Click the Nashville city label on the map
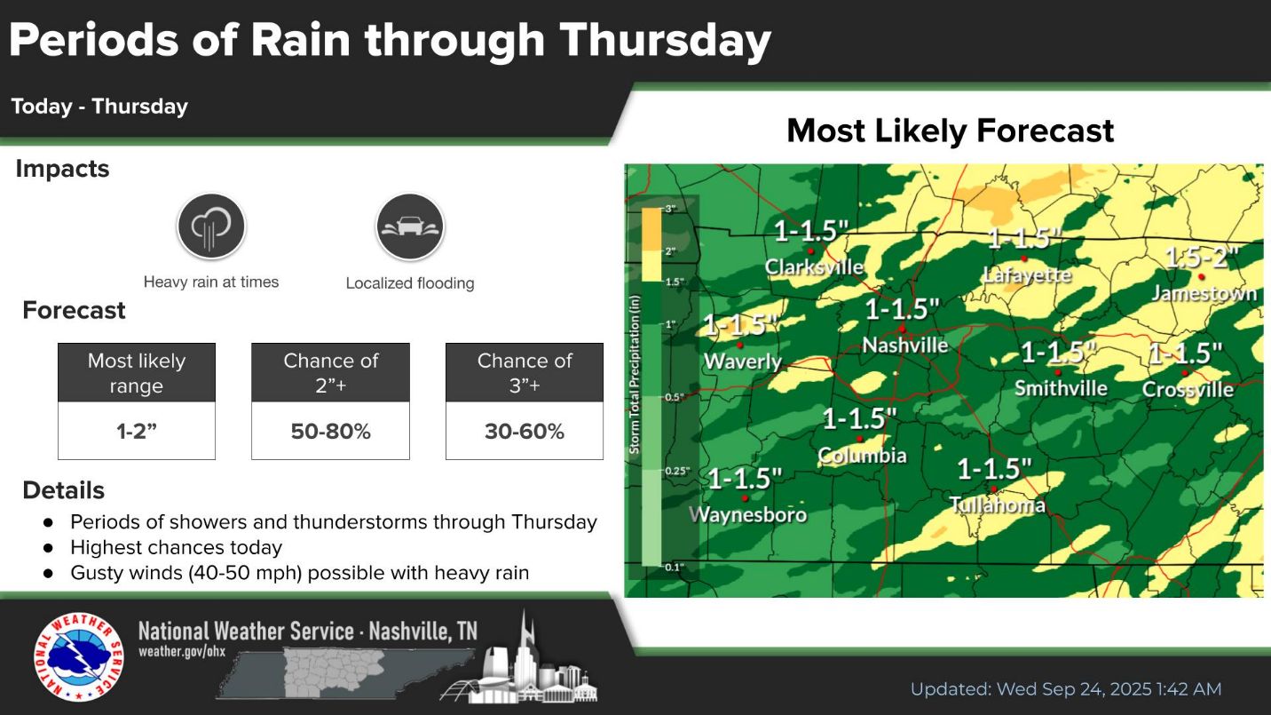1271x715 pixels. coord(905,345)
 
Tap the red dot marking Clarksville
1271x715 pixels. coord(810,251)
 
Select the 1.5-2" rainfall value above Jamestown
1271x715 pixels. coord(1201,258)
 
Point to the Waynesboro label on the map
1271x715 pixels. coord(747,514)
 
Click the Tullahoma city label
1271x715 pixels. coord(997,504)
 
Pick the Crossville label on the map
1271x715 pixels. coord(1188,389)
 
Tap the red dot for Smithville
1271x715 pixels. coord(1058,372)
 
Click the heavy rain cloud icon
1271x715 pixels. coord(211,226)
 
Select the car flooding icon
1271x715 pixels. coord(410,226)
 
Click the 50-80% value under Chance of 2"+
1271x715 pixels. coord(331,432)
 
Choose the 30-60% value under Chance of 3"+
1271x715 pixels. coord(525,432)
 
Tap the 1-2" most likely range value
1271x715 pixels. coord(136,432)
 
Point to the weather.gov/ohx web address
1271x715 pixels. coord(182,651)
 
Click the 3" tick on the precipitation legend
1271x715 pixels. coord(670,209)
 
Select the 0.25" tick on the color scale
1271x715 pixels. coord(677,471)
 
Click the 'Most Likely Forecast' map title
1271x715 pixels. coord(951,131)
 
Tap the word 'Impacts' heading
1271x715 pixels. coord(62,169)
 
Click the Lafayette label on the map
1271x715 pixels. coord(1026,275)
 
